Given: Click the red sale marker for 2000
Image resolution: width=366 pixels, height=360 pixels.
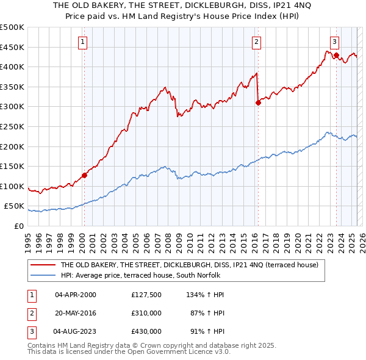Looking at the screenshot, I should point(84,175).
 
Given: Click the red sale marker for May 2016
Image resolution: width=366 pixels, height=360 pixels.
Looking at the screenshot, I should point(258,103).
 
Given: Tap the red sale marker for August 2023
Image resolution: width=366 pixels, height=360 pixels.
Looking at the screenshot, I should point(336,55).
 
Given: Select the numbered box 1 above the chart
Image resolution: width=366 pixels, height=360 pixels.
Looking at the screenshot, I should point(82,42).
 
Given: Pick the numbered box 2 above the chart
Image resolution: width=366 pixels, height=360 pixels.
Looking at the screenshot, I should point(257,42).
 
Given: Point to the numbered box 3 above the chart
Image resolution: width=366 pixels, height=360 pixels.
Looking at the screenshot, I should point(335,42).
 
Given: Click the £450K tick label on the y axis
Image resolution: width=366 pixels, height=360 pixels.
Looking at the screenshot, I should point(12,47).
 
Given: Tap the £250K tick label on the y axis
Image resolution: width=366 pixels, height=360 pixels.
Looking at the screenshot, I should point(12,126).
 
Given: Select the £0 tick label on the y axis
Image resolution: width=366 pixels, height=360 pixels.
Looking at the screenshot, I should point(19,226).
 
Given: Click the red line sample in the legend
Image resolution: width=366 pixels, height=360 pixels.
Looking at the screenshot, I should point(43,265).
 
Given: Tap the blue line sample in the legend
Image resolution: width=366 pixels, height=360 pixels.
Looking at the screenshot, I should point(43,275).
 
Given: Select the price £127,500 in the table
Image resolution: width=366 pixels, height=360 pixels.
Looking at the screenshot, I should point(146,295).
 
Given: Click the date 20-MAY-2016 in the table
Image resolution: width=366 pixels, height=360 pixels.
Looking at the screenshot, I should point(76,313).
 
